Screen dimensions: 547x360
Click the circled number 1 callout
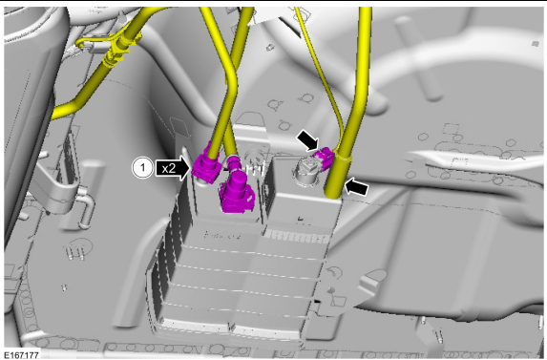pos(142,168)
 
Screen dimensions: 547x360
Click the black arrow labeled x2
pos(174,168)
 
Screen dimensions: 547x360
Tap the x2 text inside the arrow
pos(169,169)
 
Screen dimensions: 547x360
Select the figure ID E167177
pos(22,355)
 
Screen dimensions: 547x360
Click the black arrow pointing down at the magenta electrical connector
pos(308,139)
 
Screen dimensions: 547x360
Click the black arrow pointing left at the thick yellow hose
pos(356,186)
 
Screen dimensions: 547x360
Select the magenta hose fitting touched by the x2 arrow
pos(206,167)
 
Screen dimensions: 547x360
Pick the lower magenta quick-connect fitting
pos(236,192)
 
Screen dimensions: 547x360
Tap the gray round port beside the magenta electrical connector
pos(305,171)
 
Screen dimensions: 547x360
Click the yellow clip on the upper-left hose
pos(113,53)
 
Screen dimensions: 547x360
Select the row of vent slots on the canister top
pos(297,238)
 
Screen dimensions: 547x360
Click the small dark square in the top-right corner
pos(536,44)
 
